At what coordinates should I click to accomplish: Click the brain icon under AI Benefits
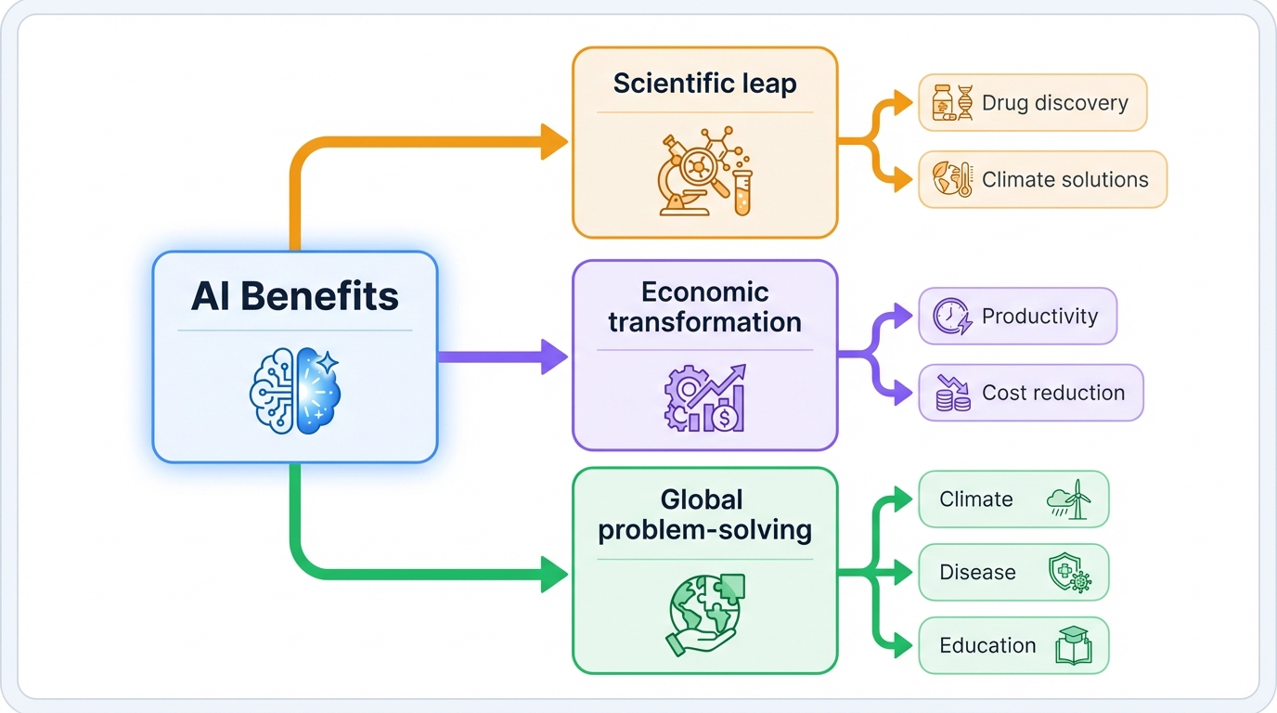pos(295,392)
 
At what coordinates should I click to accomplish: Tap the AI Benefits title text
pos(295,297)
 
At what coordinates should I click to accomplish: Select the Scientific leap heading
pos(704,84)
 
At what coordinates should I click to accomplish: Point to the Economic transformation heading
pos(704,307)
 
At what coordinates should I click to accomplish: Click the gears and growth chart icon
pos(704,397)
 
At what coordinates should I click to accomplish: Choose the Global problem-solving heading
pos(704,515)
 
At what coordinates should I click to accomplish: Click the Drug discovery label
pos(1054,103)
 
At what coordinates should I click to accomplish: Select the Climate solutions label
pos(1064,180)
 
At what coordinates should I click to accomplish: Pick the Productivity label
pos(1039,317)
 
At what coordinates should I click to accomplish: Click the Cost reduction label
pos(1053,393)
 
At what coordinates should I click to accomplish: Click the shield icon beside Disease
pos(1068,573)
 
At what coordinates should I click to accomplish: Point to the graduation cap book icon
pos(1073,646)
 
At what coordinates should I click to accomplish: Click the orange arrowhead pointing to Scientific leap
pos(555,142)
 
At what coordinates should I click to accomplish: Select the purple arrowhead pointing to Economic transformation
pos(555,356)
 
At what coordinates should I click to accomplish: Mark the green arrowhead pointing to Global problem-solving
pos(555,573)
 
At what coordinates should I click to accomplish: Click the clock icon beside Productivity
pos(951,317)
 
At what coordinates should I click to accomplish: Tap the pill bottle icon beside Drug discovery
pos(942,103)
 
